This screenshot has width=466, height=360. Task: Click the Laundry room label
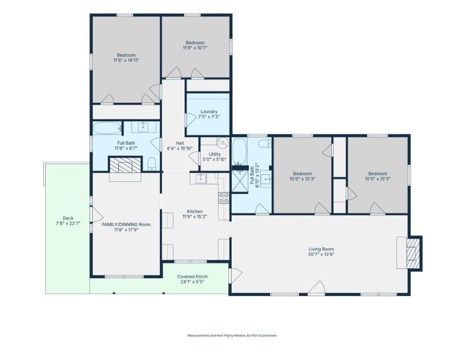tap(209, 111)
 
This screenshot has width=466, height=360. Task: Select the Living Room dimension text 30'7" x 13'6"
tap(321, 255)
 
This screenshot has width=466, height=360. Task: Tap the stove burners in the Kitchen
tap(224, 198)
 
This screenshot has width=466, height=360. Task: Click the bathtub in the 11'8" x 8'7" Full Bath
tap(106, 128)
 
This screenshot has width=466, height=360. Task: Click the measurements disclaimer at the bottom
tap(232, 335)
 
